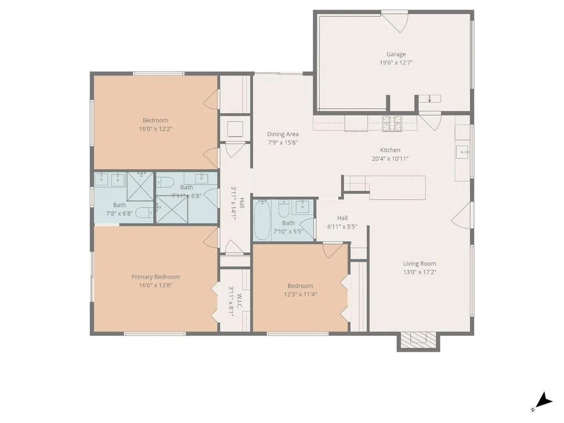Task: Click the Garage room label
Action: click(x=396, y=55)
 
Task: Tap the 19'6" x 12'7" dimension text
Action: click(x=396, y=63)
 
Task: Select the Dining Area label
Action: click(x=283, y=134)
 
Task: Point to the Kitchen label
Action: click(x=391, y=150)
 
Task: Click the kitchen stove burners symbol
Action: click(x=392, y=123)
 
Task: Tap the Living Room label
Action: click(x=419, y=264)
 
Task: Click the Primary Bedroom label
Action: click(x=155, y=277)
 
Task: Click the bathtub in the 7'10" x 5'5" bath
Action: click(x=262, y=220)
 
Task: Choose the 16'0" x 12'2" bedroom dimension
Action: click(x=156, y=129)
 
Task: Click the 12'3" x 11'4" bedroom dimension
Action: click(x=300, y=295)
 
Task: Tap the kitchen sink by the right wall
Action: click(x=463, y=152)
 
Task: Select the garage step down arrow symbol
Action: click(x=430, y=99)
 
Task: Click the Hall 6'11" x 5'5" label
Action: click(x=342, y=223)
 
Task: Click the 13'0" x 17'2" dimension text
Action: click(x=419, y=272)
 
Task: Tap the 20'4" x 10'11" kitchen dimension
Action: click(x=391, y=159)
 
